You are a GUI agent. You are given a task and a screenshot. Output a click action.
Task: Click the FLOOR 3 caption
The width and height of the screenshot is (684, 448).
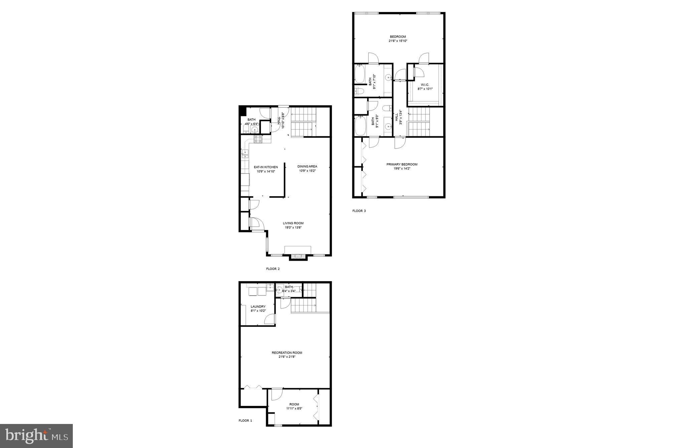tap(359, 211)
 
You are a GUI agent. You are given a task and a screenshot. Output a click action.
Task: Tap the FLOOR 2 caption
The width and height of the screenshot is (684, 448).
tap(273, 269)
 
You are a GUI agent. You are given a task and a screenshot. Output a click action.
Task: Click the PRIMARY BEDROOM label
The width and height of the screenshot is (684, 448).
tap(402, 164)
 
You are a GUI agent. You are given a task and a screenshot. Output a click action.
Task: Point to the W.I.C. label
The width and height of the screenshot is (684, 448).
tap(425, 85)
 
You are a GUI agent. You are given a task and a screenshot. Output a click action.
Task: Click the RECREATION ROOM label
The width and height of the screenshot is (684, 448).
tap(287, 353)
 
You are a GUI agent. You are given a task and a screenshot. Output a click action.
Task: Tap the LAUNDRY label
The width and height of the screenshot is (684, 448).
tap(258, 306)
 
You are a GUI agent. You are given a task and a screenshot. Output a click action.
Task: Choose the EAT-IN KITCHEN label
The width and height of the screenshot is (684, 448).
tap(266, 167)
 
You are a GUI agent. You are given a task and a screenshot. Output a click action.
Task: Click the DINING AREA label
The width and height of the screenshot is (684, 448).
tap(307, 166)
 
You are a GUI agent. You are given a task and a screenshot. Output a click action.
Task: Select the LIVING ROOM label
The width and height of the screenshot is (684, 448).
tap(293, 223)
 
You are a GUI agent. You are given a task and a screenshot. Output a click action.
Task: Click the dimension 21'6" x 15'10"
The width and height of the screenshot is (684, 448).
tap(398, 41)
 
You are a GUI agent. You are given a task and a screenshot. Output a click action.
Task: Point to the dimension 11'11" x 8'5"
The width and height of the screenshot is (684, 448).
tap(294, 408)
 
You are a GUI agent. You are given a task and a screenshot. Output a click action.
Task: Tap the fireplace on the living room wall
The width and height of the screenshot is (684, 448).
tap(298, 256)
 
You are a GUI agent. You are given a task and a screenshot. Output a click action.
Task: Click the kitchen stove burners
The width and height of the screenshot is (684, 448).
tap(258, 139)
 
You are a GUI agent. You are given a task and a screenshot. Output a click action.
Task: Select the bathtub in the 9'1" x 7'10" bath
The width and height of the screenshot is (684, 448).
tap(359, 74)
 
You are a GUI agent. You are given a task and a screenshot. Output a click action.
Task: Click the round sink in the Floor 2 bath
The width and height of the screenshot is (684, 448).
tap(255, 131)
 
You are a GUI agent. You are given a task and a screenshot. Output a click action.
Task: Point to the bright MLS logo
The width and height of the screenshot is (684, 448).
tap(36, 436)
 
